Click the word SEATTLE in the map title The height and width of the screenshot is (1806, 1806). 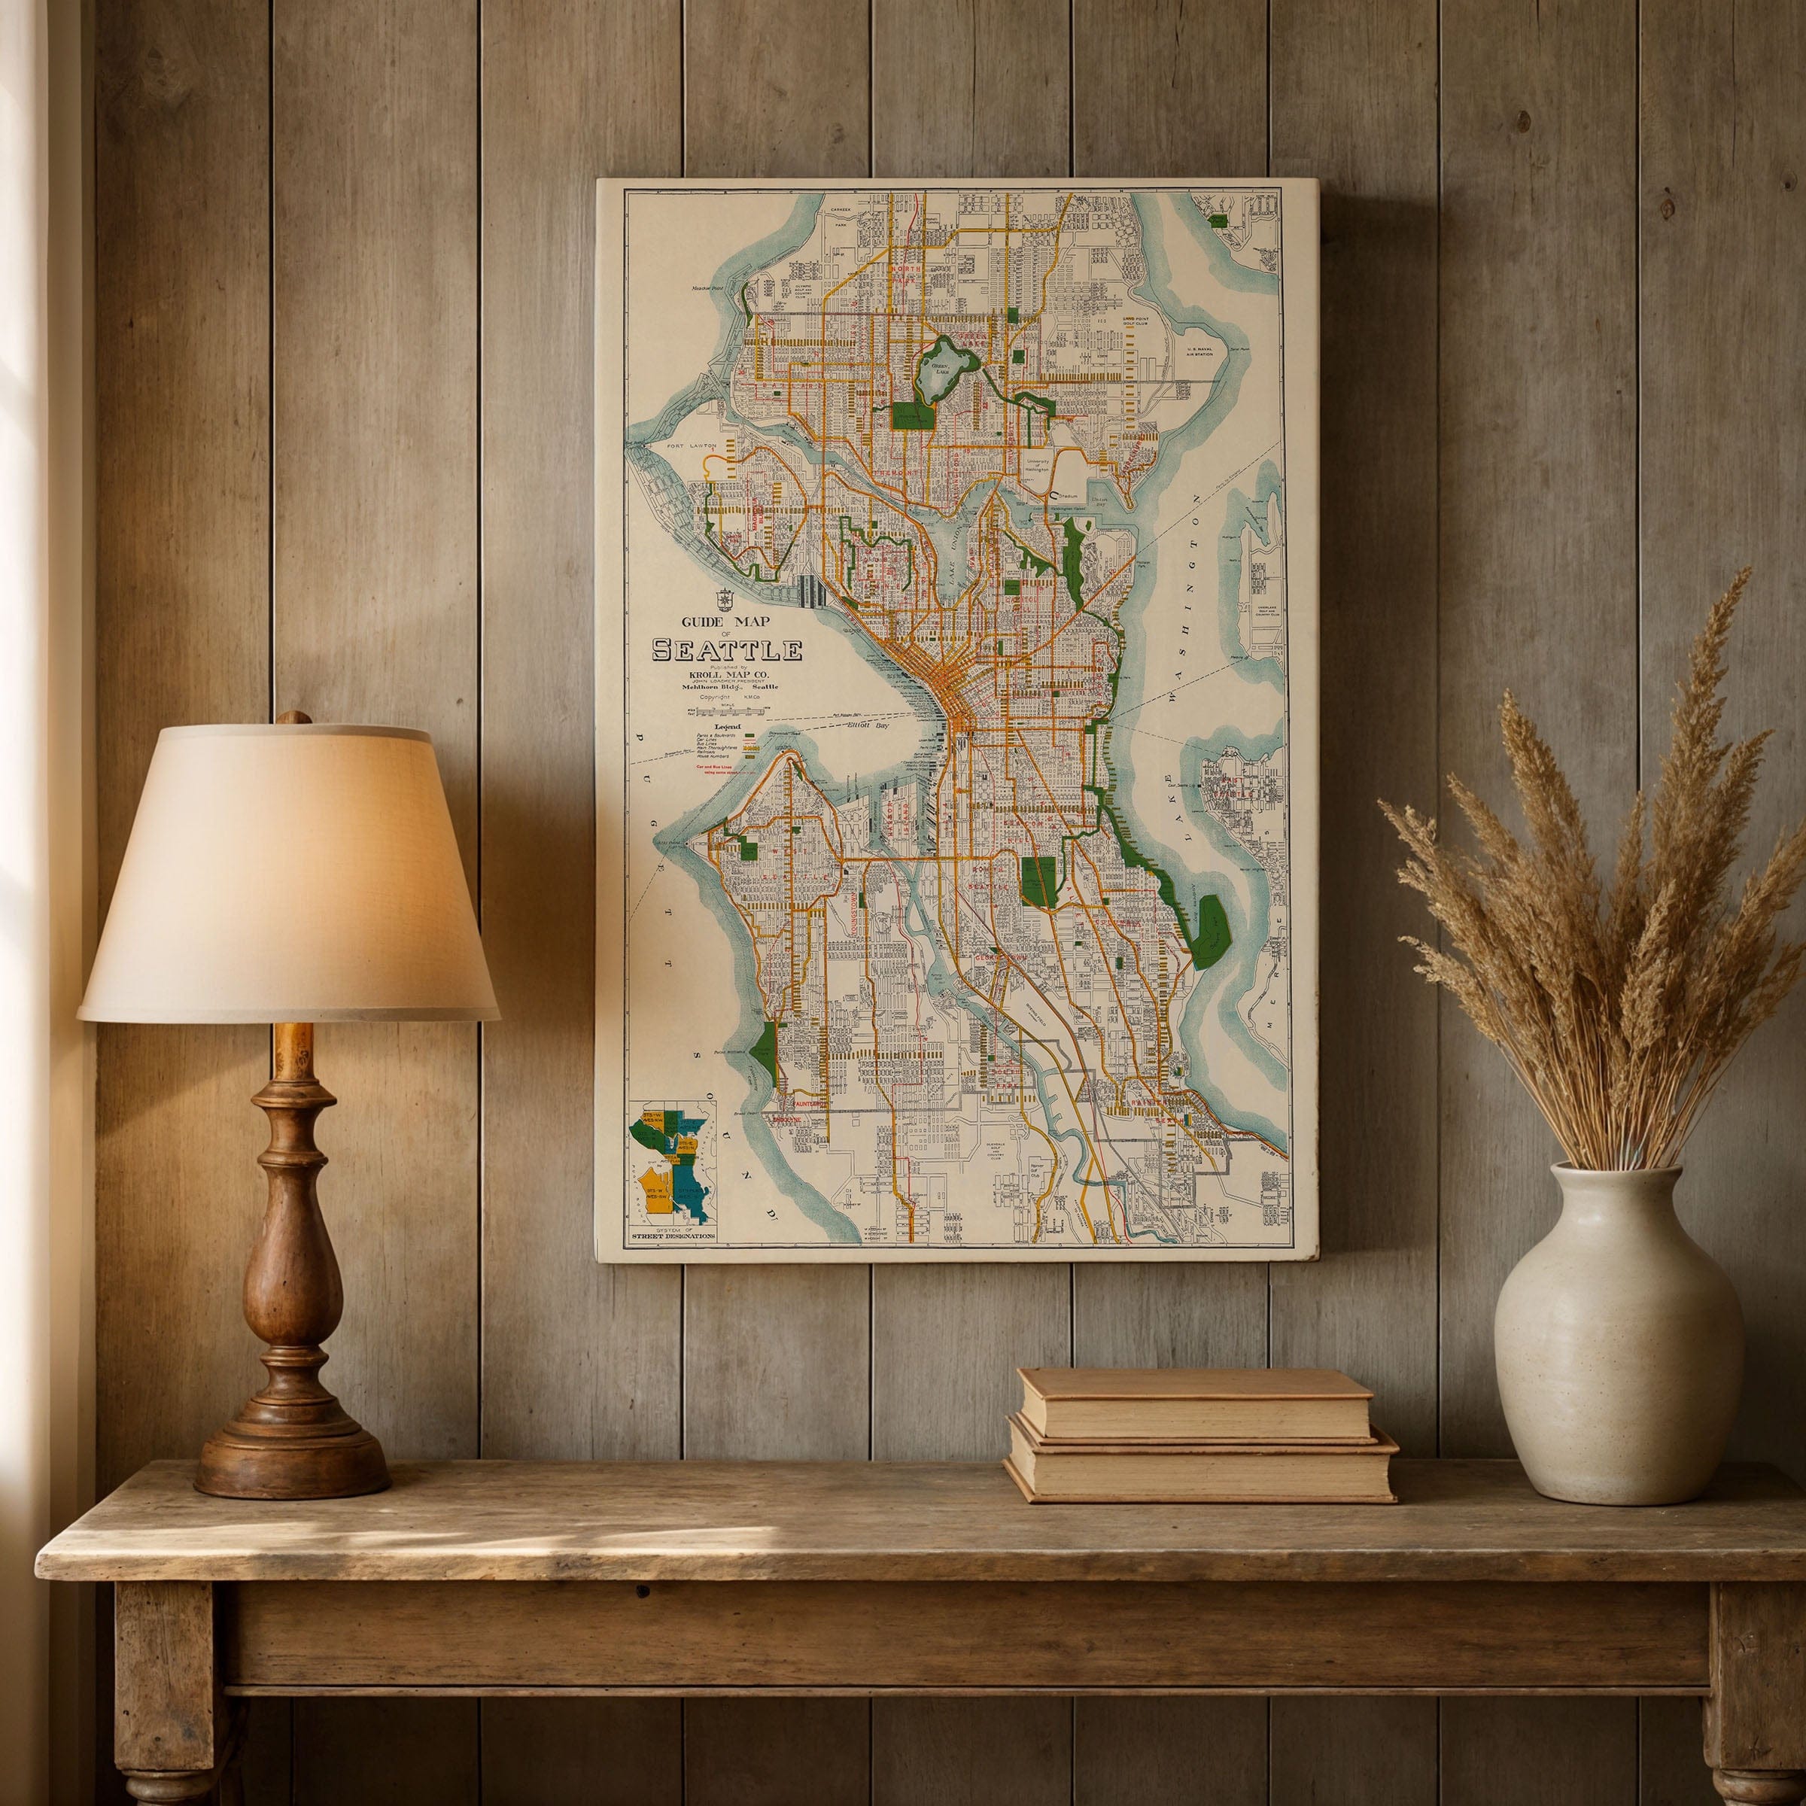coord(726,649)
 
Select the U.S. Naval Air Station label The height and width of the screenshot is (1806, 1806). coord(1199,351)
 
